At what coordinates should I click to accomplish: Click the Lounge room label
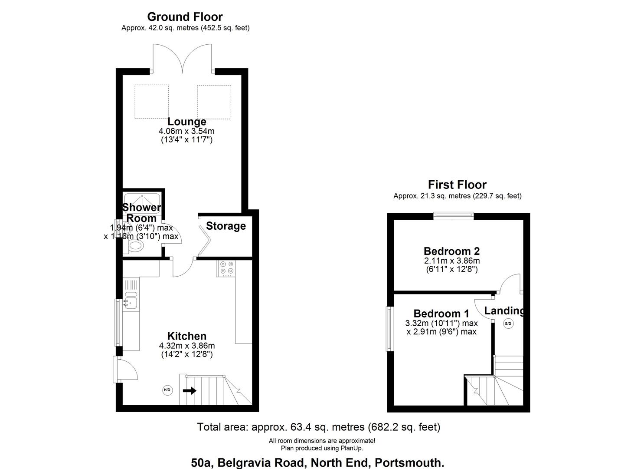point(187,122)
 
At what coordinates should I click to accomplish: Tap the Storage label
point(226,226)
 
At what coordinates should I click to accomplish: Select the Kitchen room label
point(187,336)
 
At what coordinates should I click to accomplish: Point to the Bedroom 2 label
point(451,251)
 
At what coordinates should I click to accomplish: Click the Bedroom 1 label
point(441,314)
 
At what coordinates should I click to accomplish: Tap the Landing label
point(504,310)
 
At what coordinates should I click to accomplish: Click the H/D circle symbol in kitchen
point(167,390)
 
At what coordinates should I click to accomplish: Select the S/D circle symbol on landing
point(508,324)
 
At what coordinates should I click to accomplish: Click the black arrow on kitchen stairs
point(190,391)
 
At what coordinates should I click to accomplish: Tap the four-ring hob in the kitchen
point(226,268)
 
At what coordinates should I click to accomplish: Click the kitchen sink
point(130,301)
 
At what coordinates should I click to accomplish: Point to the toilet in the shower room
point(135,246)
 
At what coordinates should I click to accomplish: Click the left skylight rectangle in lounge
point(151,102)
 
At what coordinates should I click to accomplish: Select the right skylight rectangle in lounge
point(214,102)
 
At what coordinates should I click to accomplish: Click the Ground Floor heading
point(185,17)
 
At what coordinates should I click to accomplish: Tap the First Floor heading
point(457,185)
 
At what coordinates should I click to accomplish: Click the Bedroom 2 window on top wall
point(454,214)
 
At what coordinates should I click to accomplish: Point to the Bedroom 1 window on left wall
point(389,329)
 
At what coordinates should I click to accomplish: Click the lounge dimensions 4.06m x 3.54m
point(186,131)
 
